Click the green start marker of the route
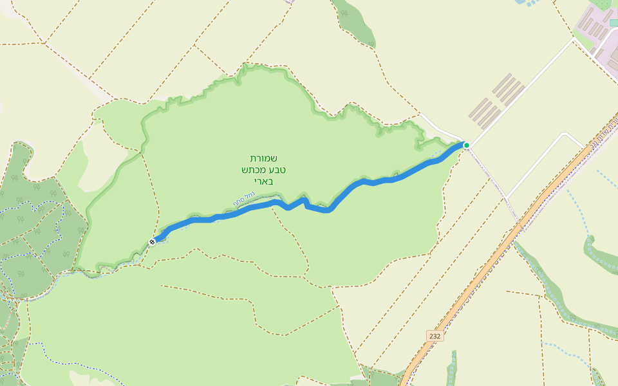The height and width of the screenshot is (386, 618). pyautogui.click(x=466, y=145)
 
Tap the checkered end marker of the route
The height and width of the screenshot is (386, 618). pyautogui.click(x=153, y=241)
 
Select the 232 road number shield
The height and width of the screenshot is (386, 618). pyautogui.click(x=435, y=336)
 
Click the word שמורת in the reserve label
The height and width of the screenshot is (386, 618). pyautogui.click(x=264, y=158)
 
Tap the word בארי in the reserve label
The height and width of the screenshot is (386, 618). pyautogui.click(x=263, y=181)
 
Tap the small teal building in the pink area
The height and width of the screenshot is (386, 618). pyautogui.click(x=613, y=23)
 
